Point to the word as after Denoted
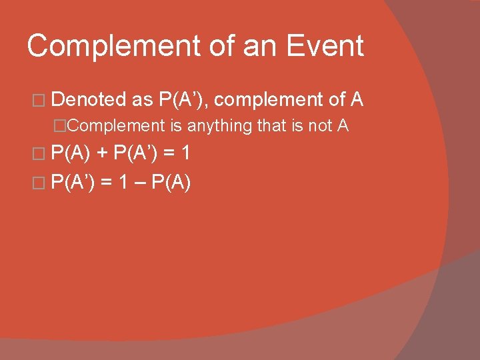click(143, 100)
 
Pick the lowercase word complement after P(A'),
click(268, 100)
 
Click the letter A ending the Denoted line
click(357, 100)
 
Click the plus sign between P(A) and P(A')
click(102, 154)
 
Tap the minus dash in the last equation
click(140, 181)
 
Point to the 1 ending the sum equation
click(186, 154)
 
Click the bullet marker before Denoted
click(38, 101)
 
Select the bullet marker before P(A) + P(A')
click(38, 155)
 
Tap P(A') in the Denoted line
click(183, 100)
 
